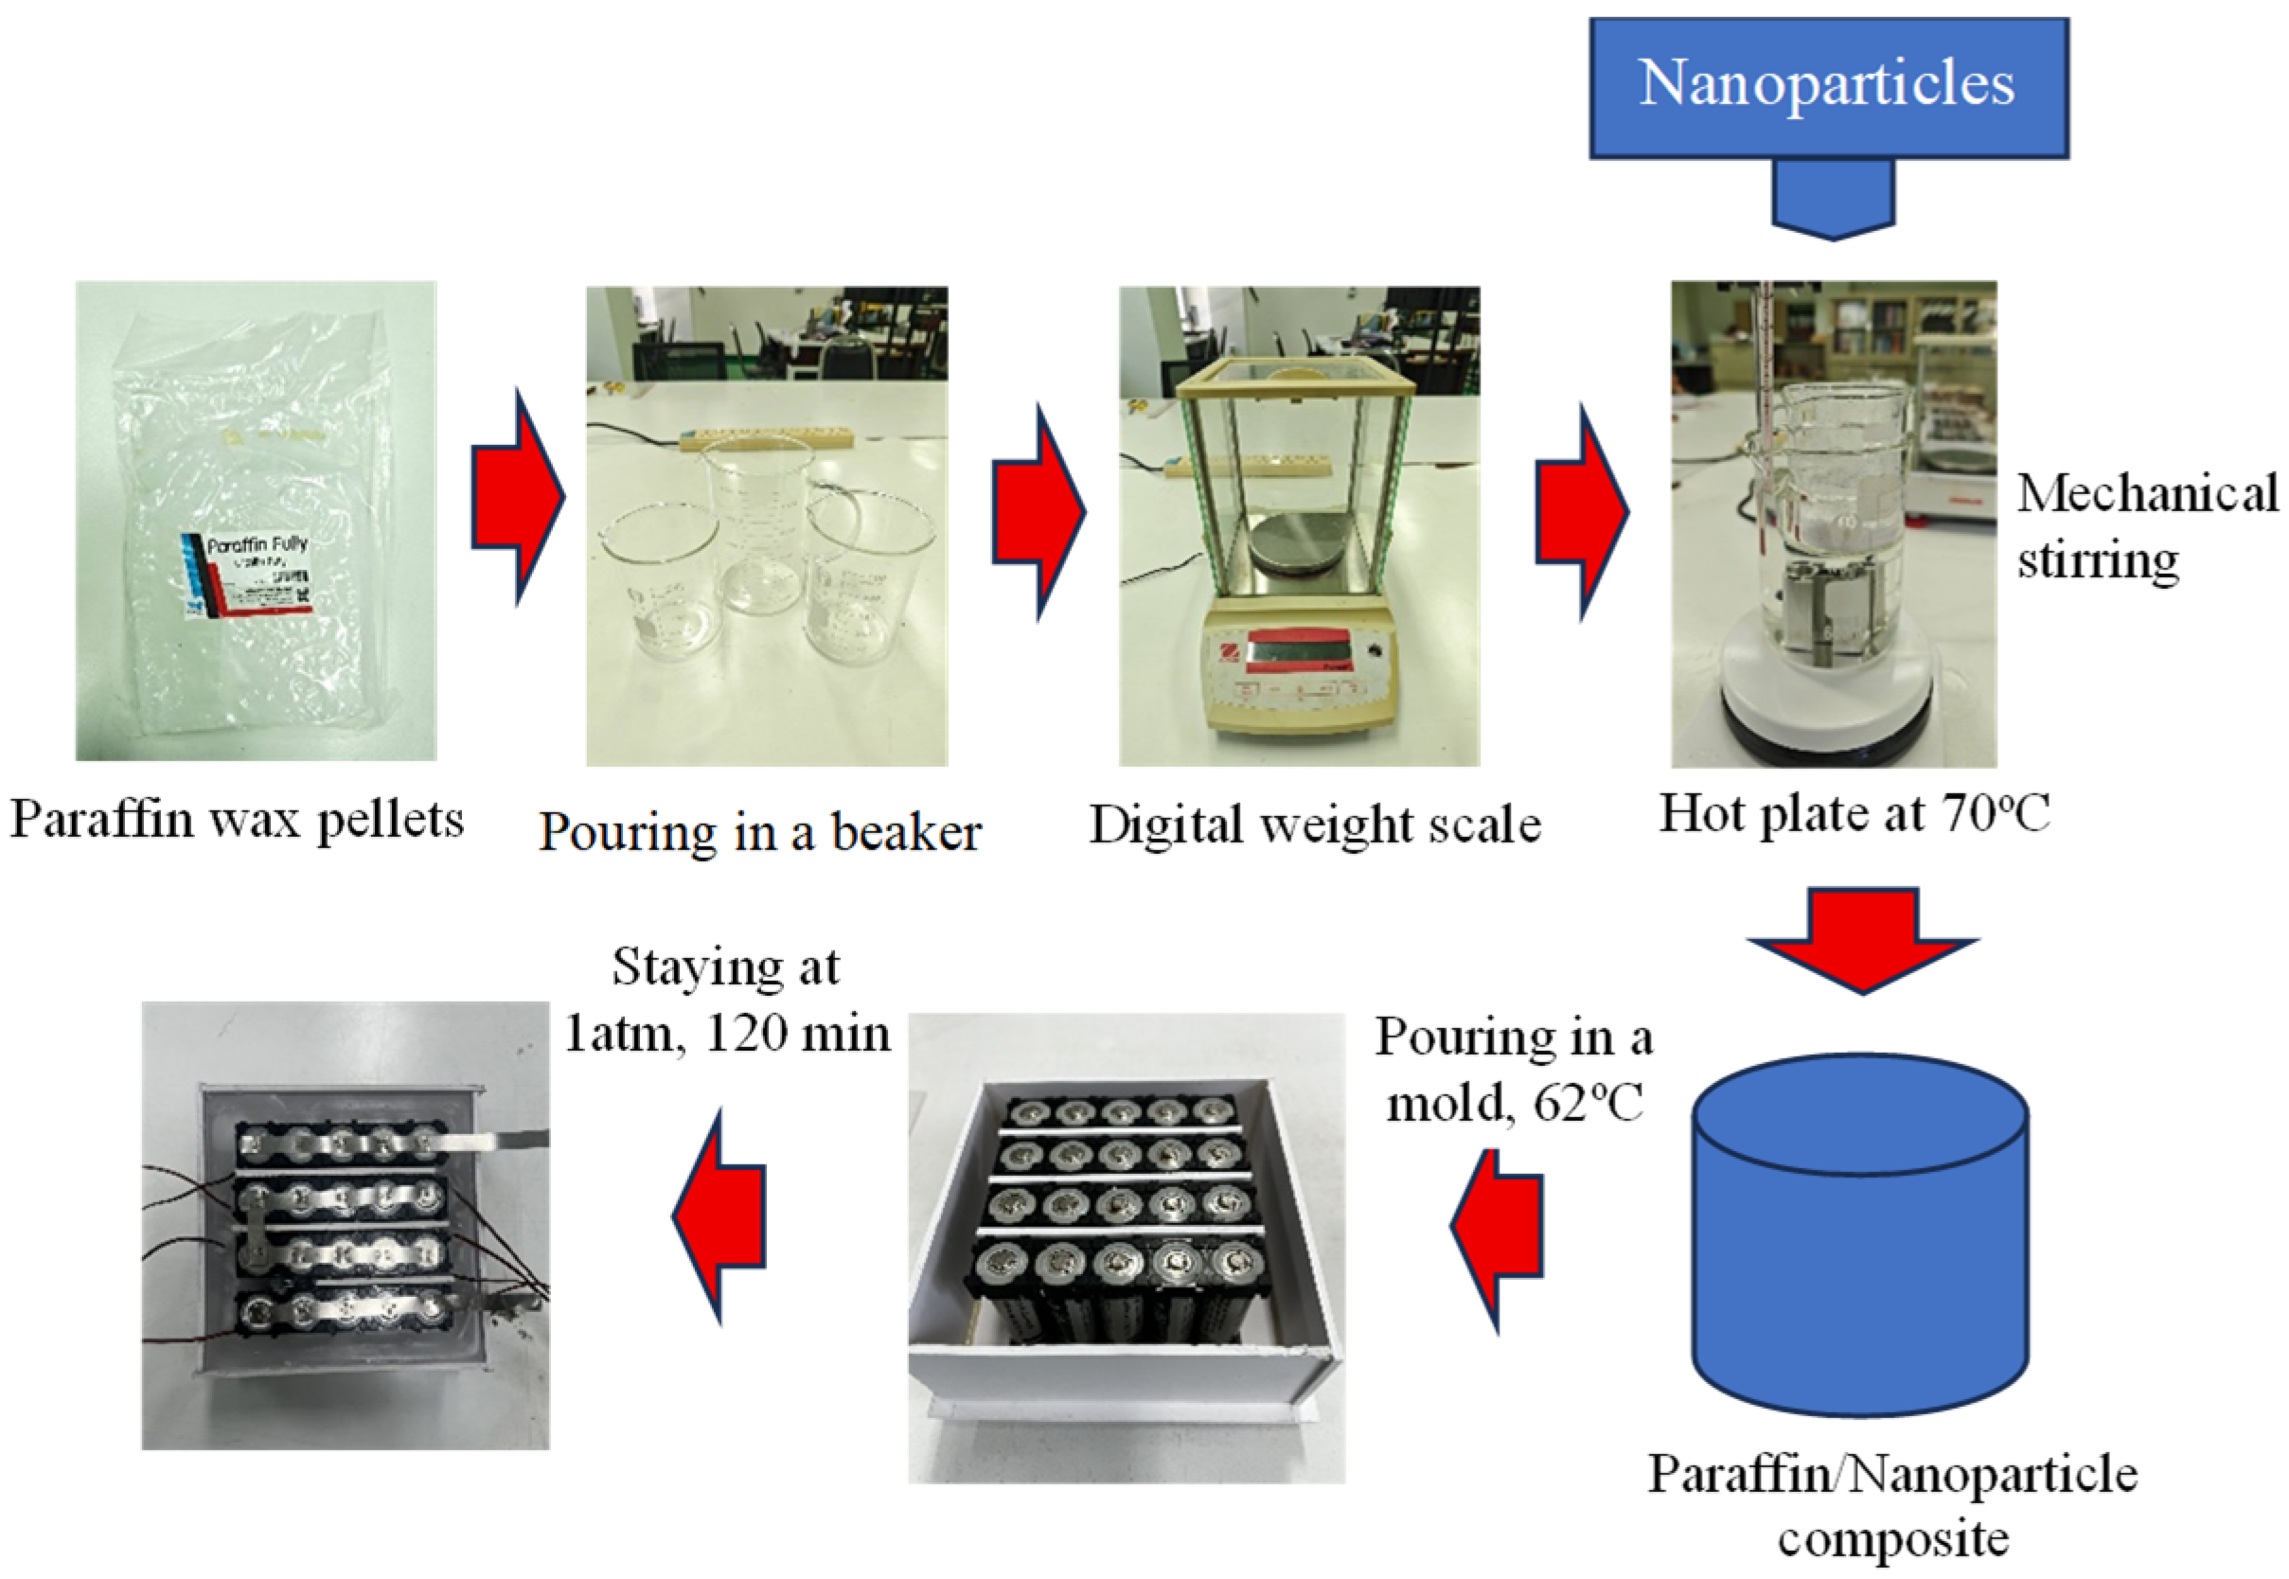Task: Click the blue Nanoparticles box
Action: pos(1828,87)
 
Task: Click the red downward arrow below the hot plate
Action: pos(1863,940)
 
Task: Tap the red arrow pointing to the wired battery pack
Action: pos(720,1216)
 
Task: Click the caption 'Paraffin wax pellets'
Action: pos(238,820)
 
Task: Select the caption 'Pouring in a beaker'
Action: pos(760,832)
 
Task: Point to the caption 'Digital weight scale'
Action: pos(1315,825)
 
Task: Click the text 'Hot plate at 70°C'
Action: pos(1854,813)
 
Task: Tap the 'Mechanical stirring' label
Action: pos(2147,526)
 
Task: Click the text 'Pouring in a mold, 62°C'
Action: pos(1514,1070)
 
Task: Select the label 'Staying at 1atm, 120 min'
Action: pos(727,1001)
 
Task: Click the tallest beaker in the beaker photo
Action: pos(757,524)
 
